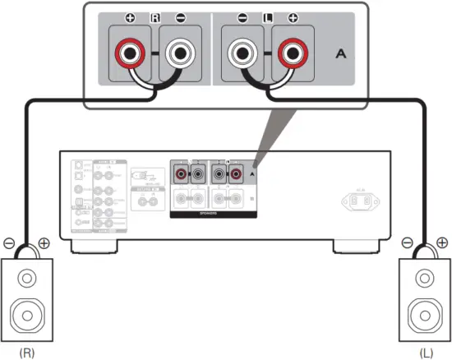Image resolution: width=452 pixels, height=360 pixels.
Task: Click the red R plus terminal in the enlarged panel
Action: (130, 55)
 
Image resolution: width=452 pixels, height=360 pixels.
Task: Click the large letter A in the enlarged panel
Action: (342, 54)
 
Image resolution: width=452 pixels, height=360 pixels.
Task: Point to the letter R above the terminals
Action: (155, 16)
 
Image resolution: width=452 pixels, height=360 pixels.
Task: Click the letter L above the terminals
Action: (267, 16)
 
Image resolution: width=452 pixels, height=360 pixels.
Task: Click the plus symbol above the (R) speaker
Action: (44, 243)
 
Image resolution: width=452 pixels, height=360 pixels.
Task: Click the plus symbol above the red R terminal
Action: (131, 16)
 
